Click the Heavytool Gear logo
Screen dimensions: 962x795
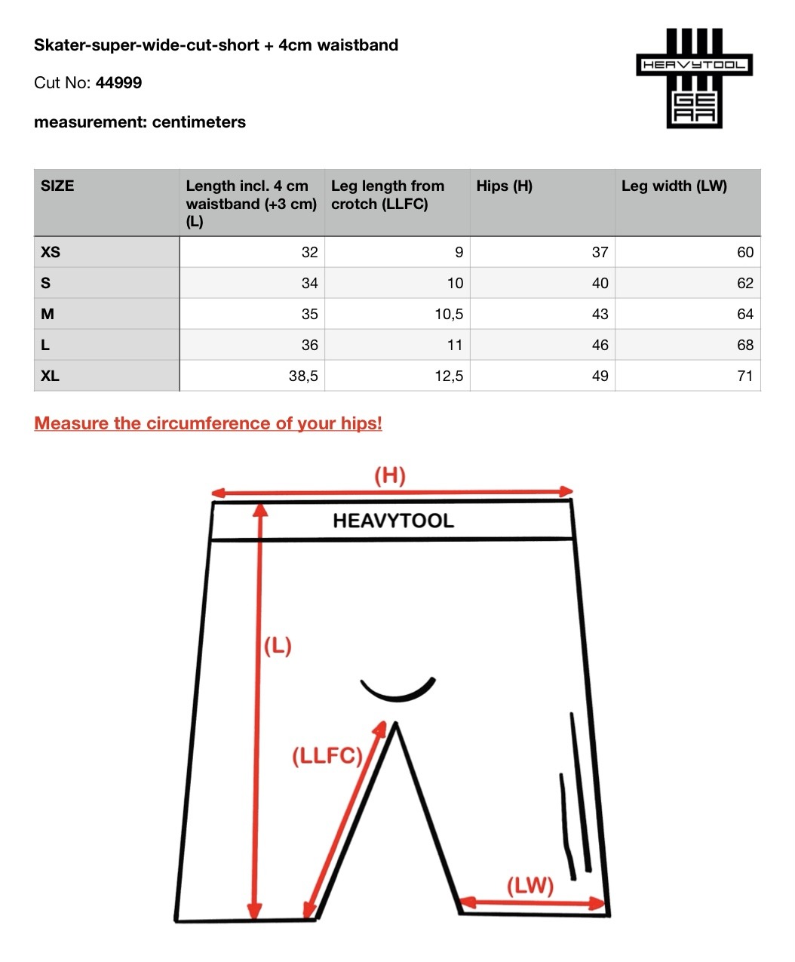(694, 78)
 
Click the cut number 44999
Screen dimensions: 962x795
(118, 83)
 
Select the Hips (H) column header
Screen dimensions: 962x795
(504, 186)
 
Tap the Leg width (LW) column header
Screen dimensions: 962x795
(674, 186)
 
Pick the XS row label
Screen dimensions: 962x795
(51, 252)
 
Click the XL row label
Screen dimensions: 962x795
(50, 376)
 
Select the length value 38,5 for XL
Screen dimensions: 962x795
(303, 376)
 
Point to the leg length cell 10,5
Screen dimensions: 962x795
(449, 314)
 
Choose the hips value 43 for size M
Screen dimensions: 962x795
(600, 314)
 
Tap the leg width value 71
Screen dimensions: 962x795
(744, 376)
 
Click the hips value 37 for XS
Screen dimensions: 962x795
(600, 252)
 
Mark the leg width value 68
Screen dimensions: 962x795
(744, 345)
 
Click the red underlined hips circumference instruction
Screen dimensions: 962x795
(208, 423)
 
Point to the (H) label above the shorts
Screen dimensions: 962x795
(390, 475)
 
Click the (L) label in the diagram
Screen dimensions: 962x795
(278, 646)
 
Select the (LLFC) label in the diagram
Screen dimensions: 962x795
(327, 755)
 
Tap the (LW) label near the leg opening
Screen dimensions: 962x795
(529, 885)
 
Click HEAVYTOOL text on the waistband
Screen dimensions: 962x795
(393, 521)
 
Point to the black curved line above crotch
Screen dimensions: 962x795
(397, 690)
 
